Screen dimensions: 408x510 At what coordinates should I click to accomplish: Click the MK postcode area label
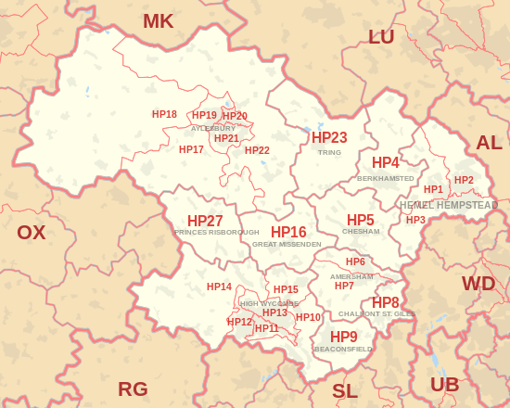(x=158, y=21)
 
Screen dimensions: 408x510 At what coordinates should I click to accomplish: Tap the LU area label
(x=381, y=37)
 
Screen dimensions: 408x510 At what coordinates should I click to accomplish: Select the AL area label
(x=489, y=143)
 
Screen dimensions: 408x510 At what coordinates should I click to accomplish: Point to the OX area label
(x=31, y=233)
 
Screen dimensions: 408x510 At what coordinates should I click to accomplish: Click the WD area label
(x=478, y=283)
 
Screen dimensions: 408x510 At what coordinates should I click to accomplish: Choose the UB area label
(x=444, y=384)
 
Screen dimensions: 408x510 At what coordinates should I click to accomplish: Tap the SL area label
(x=344, y=391)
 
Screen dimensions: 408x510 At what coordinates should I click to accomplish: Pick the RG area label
(x=133, y=389)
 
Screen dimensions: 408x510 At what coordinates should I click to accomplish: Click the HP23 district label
(x=329, y=138)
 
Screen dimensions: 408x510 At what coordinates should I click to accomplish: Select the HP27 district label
(x=205, y=221)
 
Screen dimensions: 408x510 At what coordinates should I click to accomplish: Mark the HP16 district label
(x=288, y=232)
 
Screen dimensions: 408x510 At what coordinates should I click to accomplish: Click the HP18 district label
(x=164, y=115)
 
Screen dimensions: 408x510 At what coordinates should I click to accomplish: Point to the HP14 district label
(x=219, y=287)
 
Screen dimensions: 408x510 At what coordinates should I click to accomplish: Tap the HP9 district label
(x=344, y=337)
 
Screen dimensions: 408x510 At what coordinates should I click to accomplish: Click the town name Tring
(x=329, y=153)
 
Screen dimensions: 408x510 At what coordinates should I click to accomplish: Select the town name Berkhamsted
(x=386, y=178)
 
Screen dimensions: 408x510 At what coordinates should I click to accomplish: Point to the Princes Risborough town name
(x=216, y=233)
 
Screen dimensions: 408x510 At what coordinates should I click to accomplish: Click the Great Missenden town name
(x=287, y=244)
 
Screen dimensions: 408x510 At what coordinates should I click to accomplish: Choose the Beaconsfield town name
(x=344, y=350)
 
